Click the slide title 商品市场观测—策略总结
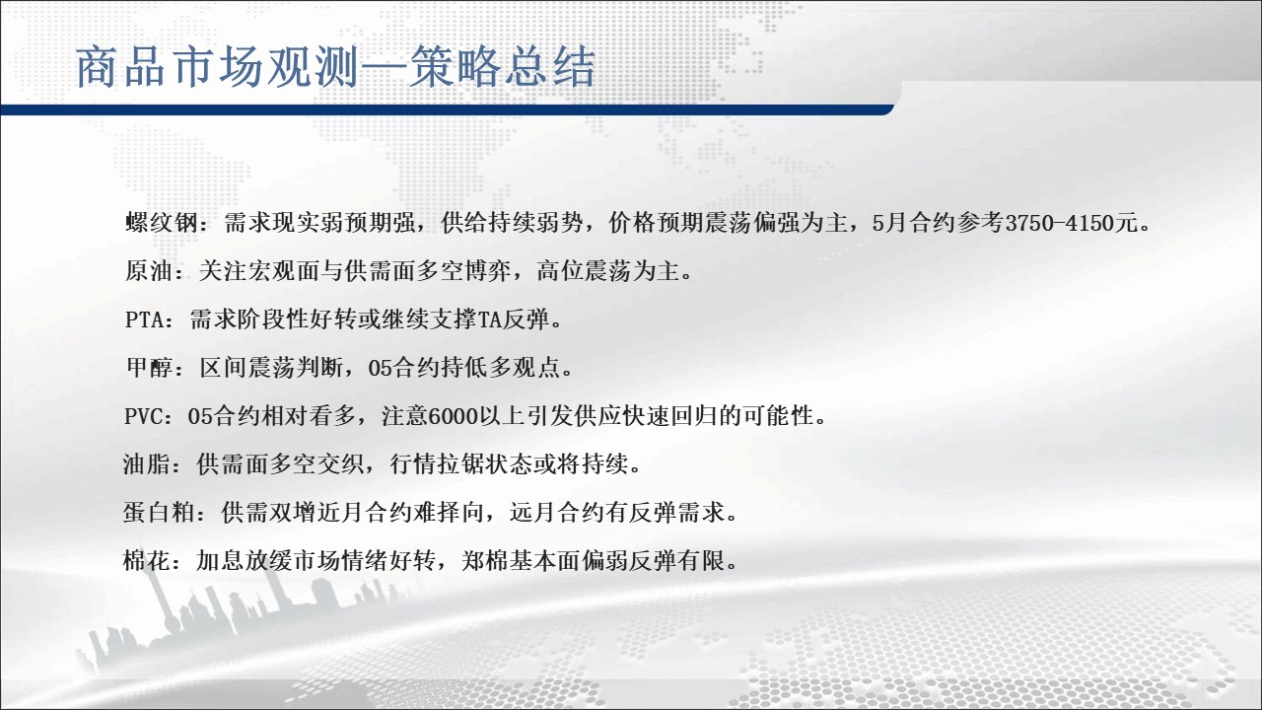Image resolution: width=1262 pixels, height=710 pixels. pyautogui.click(x=335, y=68)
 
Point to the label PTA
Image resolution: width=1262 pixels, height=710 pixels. pyautogui.click(x=144, y=320)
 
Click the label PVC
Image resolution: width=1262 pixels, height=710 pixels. pyautogui.click(x=143, y=416)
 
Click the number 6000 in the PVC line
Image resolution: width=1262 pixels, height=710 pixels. pyautogui.click(x=453, y=416)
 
